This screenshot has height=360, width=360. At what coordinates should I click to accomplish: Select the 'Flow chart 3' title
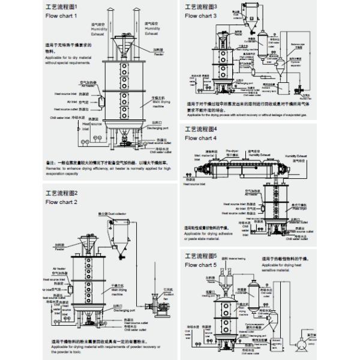tap(201, 16)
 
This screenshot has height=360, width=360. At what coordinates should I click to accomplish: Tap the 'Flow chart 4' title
tap(201, 138)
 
